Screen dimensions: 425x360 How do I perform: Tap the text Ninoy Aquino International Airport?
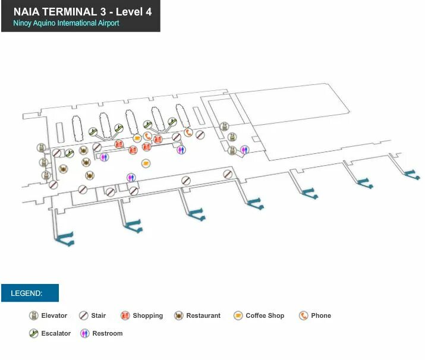click(66, 23)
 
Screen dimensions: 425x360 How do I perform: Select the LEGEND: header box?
click(30, 293)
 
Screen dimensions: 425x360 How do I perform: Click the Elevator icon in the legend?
click(34, 315)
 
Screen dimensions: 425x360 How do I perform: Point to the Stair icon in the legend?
click(84, 315)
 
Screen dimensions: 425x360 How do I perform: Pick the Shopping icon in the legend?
click(125, 315)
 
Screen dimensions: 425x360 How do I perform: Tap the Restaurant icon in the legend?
click(178, 315)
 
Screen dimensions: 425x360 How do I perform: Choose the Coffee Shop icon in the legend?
click(238, 315)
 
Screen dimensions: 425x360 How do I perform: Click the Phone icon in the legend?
click(304, 315)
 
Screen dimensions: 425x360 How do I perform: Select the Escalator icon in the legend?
click(34, 333)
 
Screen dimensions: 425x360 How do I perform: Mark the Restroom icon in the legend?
click(85, 333)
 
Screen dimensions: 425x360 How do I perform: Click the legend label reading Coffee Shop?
click(265, 315)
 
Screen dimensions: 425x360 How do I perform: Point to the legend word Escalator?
click(56, 333)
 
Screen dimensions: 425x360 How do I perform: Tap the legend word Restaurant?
click(203, 315)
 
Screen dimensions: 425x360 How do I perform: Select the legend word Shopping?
click(147, 315)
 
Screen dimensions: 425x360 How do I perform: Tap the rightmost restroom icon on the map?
click(244, 149)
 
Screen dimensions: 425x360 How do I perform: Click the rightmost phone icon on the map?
click(188, 132)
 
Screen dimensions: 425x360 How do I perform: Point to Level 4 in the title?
click(138, 11)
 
